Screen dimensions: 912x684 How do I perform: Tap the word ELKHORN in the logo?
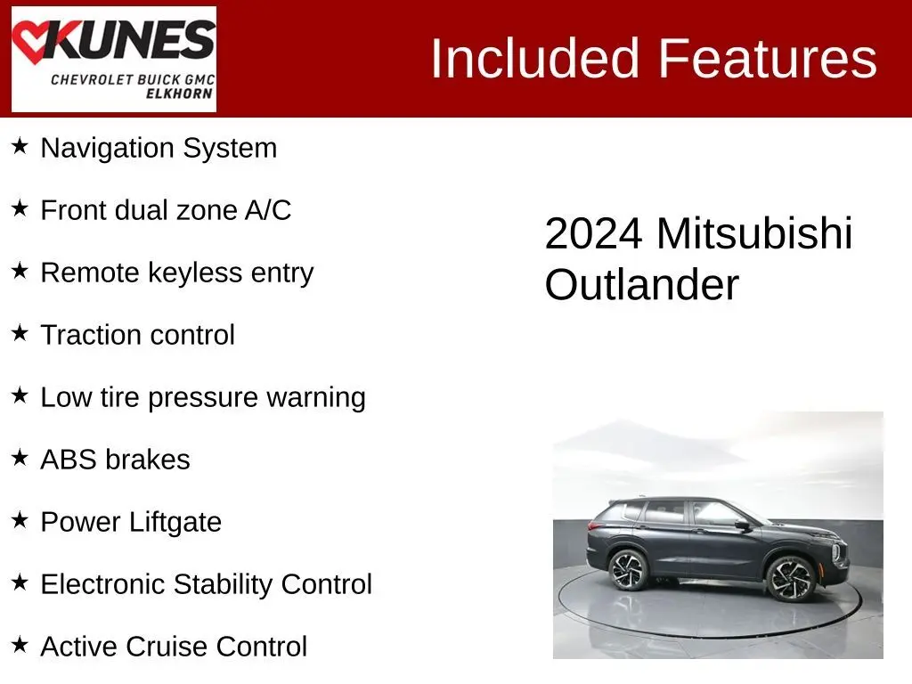coord(179,94)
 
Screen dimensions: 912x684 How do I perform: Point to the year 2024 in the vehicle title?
coord(593,234)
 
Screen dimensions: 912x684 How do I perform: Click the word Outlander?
coord(641,284)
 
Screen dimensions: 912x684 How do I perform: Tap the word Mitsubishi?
coord(754,233)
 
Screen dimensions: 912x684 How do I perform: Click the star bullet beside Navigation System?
coord(20,145)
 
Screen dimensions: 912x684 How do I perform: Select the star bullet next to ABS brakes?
coord(20,457)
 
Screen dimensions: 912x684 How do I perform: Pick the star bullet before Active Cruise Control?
coord(20,644)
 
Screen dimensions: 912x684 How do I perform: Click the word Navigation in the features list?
coord(108,149)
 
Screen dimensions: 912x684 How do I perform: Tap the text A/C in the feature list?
coord(267,210)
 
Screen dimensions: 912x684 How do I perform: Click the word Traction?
coord(85,335)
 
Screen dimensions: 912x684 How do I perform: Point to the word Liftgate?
coord(175,522)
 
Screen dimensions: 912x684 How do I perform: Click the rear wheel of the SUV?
coord(628,570)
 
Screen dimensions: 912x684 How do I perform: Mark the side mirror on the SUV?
coord(742,525)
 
